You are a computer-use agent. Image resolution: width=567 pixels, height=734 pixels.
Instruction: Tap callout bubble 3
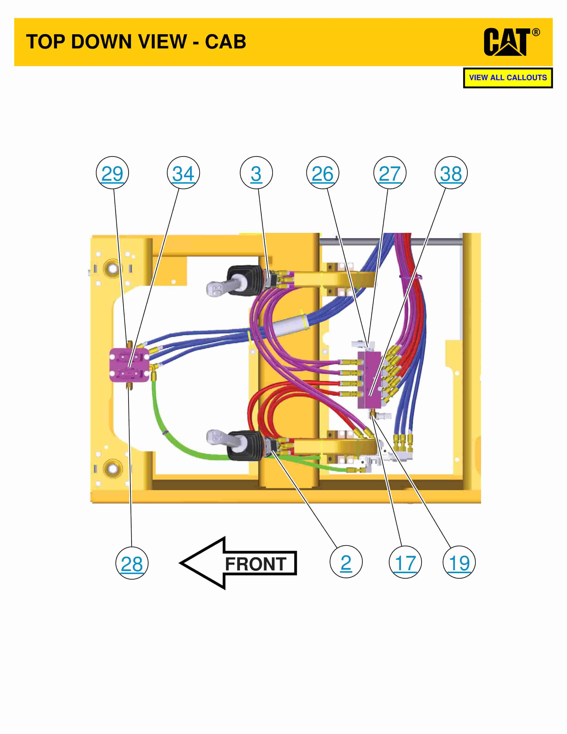[256, 173]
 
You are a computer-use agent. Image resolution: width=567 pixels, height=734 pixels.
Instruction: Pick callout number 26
[322, 173]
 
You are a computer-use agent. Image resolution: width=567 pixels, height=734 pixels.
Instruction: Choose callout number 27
[390, 173]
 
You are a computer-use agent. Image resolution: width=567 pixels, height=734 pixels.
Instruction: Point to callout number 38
[451, 173]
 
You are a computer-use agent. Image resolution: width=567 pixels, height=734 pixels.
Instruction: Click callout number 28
[132, 564]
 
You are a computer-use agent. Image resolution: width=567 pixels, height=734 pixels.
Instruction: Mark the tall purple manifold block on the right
[369, 380]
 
